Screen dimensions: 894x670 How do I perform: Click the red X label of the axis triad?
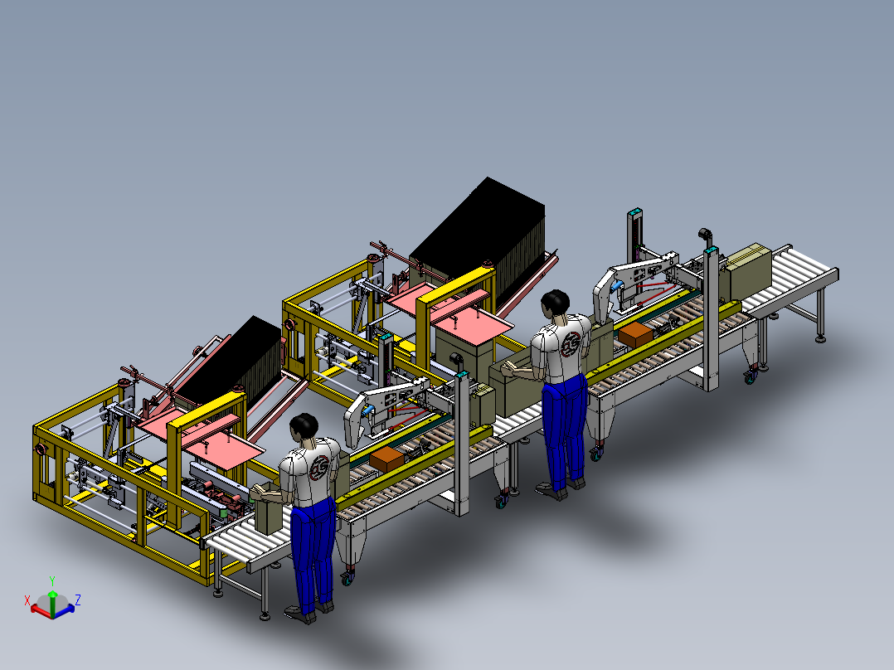(x=27, y=600)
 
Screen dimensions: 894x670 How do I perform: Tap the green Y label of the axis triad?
(x=52, y=581)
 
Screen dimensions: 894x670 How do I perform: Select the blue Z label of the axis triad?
(x=78, y=600)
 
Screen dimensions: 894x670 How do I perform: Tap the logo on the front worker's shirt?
(x=320, y=469)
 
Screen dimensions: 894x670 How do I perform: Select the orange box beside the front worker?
(x=386, y=459)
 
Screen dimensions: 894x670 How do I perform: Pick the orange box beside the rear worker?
(x=636, y=335)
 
